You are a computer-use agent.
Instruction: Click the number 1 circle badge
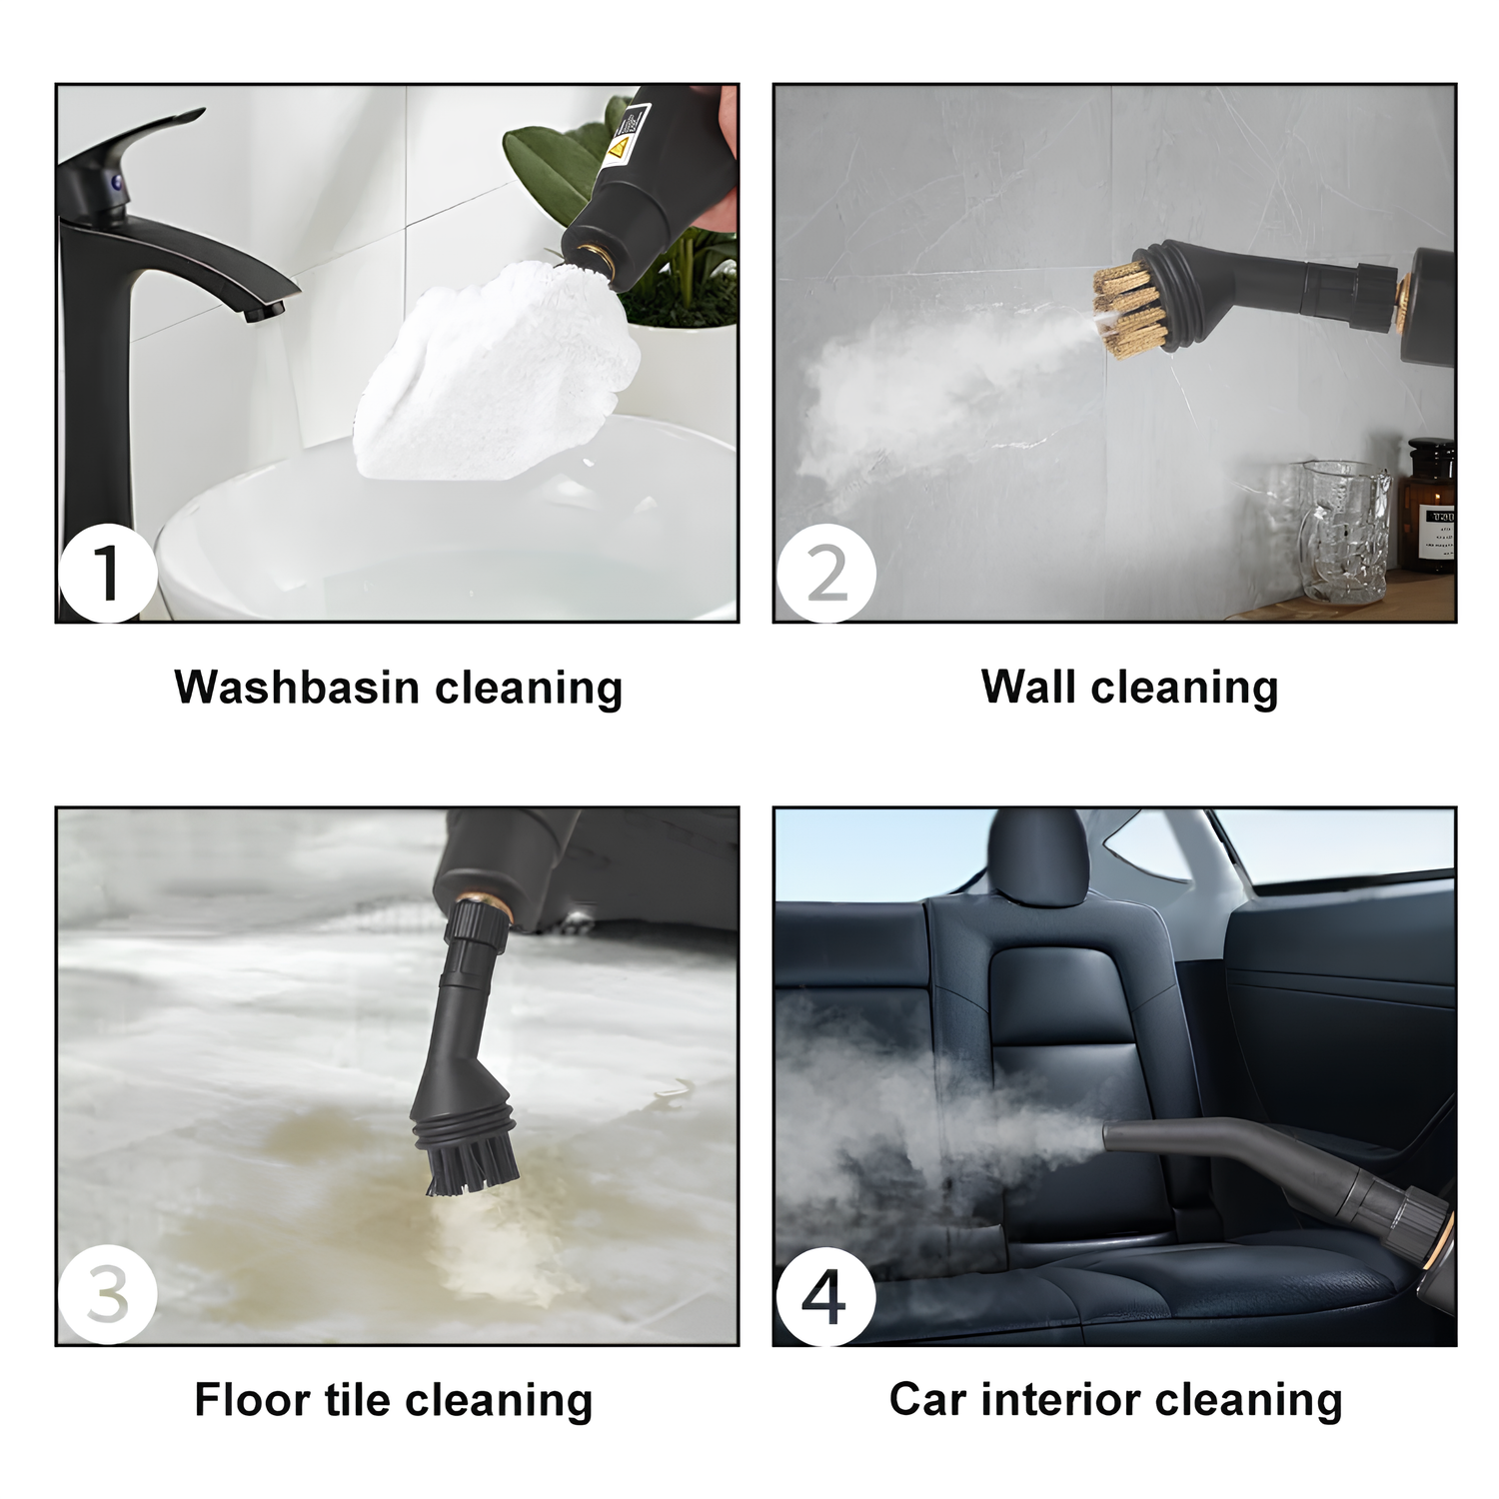click(x=108, y=573)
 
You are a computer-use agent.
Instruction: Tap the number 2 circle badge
click(x=826, y=573)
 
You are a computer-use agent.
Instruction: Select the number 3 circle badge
click(x=108, y=1296)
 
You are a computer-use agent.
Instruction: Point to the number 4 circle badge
click(x=826, y=1296)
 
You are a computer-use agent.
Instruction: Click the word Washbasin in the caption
click(x=297, y=688)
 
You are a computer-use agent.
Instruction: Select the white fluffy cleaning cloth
click(x=500, y=365)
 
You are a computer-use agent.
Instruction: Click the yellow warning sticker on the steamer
click(x=618, y=148)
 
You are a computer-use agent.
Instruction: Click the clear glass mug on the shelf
click(x=1344, y=530)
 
